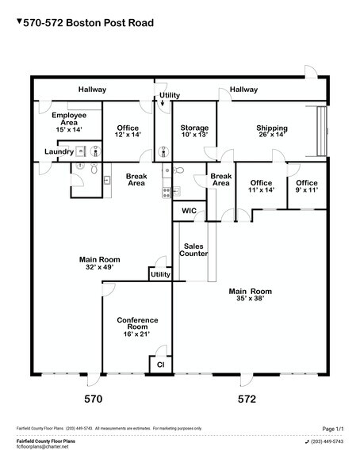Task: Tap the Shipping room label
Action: [271, 132]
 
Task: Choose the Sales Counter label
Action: [195, 250]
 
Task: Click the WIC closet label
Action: [190, 211]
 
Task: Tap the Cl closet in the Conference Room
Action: [159, 365]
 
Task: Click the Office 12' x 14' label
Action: [128, 132]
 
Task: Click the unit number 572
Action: [247, 399]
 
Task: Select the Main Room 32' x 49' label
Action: [97, 263]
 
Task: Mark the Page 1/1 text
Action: [328, 428]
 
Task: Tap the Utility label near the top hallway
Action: [170, 95]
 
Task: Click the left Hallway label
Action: [92, 90]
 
